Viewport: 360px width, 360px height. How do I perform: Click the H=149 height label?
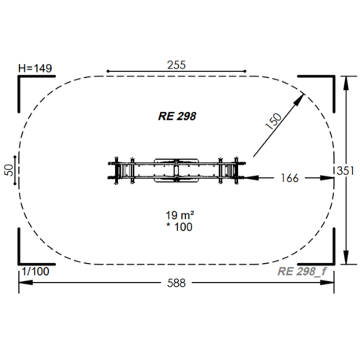tap(35, 69)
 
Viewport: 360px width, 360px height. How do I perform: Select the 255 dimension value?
tap(176, 65)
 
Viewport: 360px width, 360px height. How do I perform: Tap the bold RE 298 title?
tap(177, 116)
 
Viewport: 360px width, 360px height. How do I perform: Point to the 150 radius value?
tap(273, 121)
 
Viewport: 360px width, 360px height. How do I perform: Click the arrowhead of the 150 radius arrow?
tap(299, 99)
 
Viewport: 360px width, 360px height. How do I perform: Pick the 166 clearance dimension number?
tap(290, 178)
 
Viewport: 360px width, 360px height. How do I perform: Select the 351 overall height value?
tap(345, 171)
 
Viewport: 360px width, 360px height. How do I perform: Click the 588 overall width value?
tap(176, 283)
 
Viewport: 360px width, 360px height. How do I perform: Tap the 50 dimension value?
tap(9, 170)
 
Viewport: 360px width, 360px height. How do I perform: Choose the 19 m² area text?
tap(180, 215)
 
